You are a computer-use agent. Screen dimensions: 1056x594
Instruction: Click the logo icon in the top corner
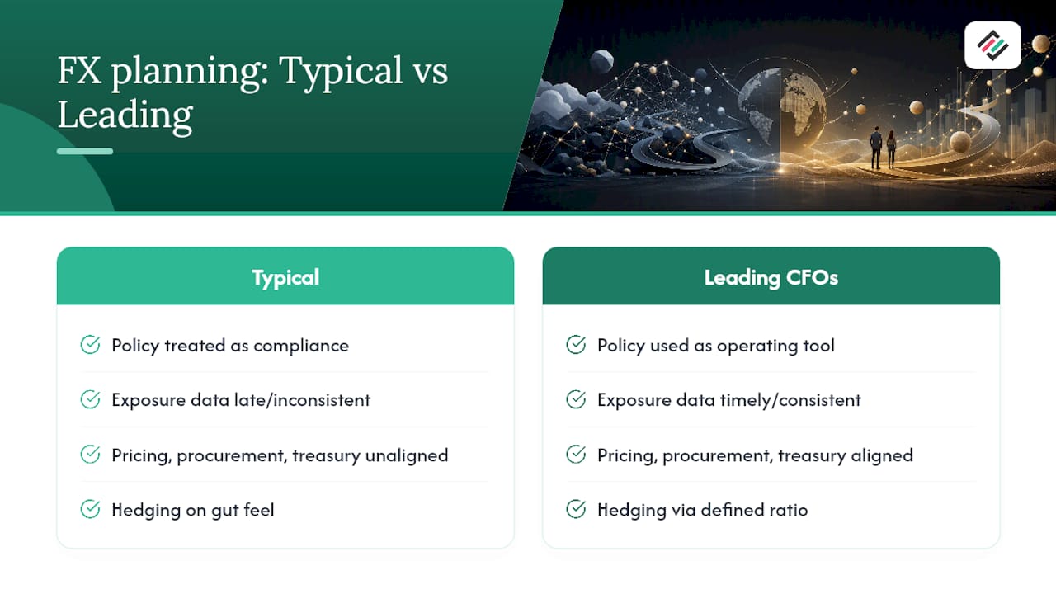point(992,45)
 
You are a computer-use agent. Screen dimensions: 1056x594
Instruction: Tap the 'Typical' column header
point(285,276)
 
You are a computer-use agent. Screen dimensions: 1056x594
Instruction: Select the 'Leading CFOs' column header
point(771,276)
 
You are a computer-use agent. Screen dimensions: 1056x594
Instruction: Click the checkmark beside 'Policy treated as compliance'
point(90,345)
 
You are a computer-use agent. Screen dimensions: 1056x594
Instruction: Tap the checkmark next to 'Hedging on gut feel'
point(90,509)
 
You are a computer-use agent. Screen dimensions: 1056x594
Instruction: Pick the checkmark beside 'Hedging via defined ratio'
point(576,509)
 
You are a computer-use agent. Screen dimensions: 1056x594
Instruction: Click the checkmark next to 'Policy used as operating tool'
point(576,345)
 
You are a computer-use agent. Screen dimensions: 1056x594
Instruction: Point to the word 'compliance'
point(301,346)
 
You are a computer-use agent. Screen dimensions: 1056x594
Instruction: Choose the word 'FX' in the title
point(79,71)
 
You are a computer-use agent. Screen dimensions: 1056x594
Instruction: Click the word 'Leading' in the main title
point(125,115)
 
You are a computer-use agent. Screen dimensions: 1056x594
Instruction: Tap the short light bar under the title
point(85,151)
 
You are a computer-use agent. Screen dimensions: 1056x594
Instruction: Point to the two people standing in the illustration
point(883,147)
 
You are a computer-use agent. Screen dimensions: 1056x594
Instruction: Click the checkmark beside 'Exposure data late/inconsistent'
point(90,399)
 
